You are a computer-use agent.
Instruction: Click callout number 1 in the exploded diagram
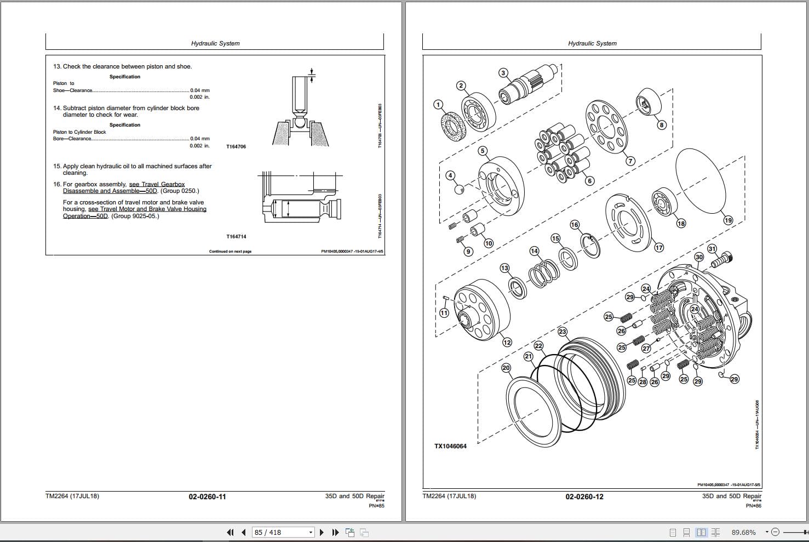[x=438, y=104]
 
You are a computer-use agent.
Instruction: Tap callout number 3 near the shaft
[x=503, y=73]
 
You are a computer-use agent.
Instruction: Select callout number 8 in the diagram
[x=662, y=125]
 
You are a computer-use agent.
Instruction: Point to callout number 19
[x=728, y=220]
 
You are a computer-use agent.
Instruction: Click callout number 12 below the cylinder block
[x=507, y=343]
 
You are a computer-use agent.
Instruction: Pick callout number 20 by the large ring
[x=506, y=368]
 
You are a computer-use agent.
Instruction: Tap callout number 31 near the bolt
[x=712, y=249]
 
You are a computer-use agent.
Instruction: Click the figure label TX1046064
[x=450, y=446]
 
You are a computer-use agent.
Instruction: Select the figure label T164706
[x=236, y=147]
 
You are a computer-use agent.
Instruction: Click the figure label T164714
[x=236, y=237]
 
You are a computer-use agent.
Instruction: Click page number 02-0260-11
[x=207, y=497]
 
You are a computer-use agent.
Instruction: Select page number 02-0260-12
[x=584, y=497]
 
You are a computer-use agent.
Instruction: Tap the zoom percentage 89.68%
[x=743, y=532]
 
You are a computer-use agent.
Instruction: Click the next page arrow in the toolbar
[x=322, y=532]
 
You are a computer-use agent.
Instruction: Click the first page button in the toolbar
[x=230, y=532]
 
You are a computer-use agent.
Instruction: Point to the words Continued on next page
[x=230, y=252]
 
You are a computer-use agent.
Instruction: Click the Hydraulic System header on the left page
[x=215, y=43]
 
